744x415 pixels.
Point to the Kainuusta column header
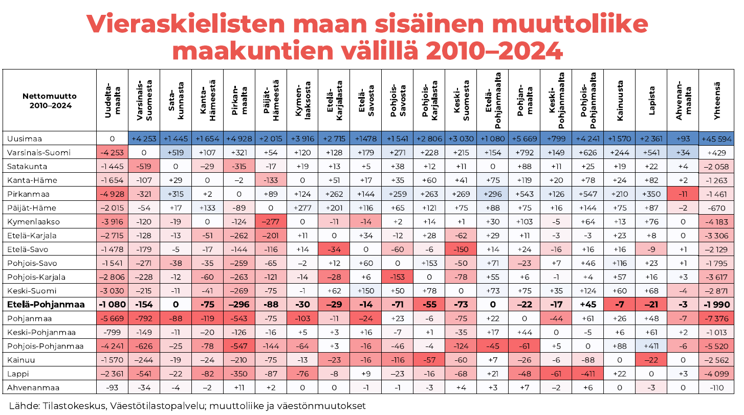pos(620,101)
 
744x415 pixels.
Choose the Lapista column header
pos(651,101)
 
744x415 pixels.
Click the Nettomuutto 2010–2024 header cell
pos(50,101)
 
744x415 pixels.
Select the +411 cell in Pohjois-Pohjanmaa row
pos(651,346)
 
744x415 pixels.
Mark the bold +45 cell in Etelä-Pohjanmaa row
pos(588,304)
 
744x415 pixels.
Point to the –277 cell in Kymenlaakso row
pos(271,221)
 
